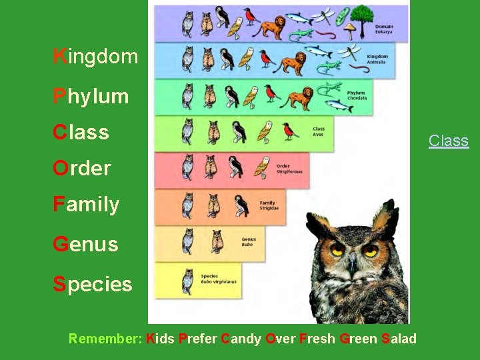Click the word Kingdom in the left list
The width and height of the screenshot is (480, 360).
point(95,57)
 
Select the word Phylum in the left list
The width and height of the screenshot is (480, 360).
point(91,97)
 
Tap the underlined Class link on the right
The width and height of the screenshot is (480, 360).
point(449,141)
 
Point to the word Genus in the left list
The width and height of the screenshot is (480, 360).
point(85,244)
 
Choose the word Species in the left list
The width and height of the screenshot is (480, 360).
point(93,284)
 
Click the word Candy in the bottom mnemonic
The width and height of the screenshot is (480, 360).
point(241,339)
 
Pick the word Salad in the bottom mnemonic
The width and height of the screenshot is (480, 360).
point(399,339)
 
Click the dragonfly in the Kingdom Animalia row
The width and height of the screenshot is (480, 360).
point(353,50)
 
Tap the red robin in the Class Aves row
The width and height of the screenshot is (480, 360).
point(289,130)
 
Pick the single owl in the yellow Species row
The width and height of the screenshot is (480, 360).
point(187,281)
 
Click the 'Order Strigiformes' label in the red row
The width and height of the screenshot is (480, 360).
point(289,169)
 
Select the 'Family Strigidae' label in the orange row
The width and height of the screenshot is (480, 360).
point(267,205)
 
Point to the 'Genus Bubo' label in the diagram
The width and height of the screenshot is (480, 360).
point(249,241)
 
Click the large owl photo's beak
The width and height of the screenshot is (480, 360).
point(351,265)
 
